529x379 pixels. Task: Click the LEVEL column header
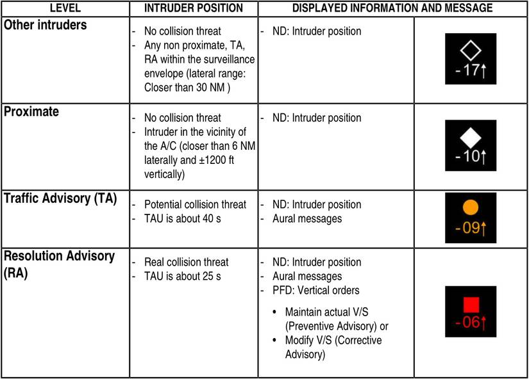[65, 8]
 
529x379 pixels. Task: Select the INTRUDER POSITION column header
[193, 8]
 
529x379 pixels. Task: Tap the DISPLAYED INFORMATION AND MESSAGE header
[392, 8]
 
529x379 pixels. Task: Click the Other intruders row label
[46, 26]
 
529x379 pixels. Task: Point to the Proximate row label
[31, 112]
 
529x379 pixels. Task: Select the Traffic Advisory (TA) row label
[60, 198]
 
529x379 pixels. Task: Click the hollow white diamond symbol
[471, 51]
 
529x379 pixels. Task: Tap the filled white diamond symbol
[471, 136]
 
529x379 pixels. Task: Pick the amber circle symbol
[471, 207]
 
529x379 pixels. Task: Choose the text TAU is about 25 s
[183, 277]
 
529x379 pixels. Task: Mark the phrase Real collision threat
[187, 262]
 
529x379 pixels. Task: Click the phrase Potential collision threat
[195, 205]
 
